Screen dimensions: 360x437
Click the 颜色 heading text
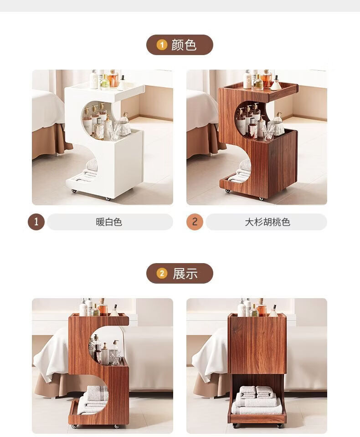pos(184,45)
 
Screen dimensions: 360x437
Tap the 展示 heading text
pos(185,274)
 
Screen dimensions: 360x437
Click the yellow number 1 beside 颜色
pos(162,45)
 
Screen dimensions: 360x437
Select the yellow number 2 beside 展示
pos(162,274)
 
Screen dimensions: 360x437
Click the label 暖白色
pos(109,222)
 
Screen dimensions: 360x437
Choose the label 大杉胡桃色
pos(267,222)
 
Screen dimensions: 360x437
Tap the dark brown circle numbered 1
pos(36,222)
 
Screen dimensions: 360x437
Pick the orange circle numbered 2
pos(195,222)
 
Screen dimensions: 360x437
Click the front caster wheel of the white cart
pos(108,199)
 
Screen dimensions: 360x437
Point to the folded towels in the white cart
pos(87,172)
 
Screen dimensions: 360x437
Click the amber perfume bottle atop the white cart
pos(113,79)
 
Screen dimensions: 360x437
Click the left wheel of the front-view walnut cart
pos(236,426)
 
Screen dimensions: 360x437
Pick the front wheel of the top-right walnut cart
pos(261,199)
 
